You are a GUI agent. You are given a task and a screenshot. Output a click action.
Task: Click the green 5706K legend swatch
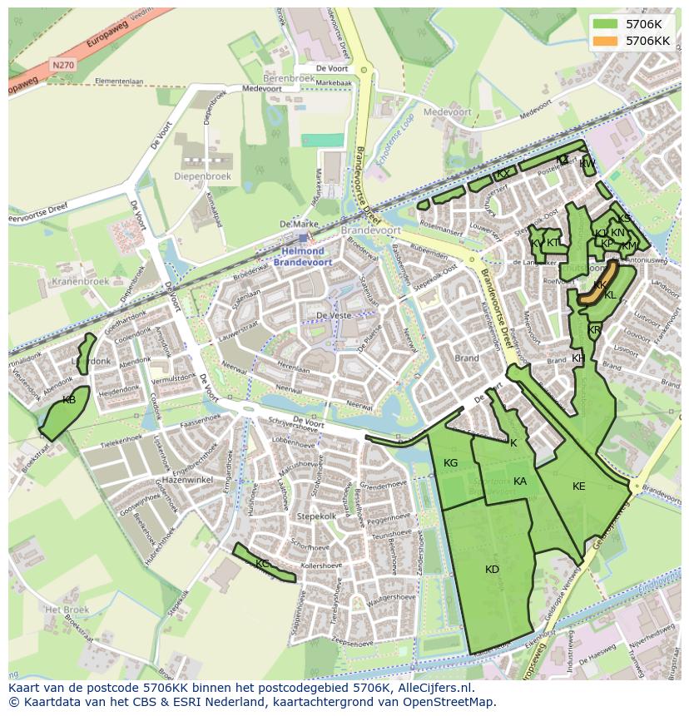pyautogui.click(x=605, y=24)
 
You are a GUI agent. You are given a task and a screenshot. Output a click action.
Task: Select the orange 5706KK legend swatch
pyautogui.click(x=605, y=41)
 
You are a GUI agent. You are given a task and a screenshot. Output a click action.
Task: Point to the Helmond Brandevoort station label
pyautogui.click(x=303, y=256)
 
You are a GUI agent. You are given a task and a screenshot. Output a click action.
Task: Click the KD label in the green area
pyautogui.click(x=492, y=570)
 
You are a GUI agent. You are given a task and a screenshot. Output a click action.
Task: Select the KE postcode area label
pyautogui.click(x=579, y=486)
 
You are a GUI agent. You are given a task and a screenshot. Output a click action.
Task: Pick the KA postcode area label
pyautogui.click(x=520, y=481)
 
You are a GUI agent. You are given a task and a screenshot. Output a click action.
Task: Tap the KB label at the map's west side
pyautogui.click(x=69, y=401)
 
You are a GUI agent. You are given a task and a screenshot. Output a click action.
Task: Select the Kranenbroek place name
pyautogui.click(x=80, y=282)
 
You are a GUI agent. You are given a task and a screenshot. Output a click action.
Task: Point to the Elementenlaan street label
pyautogui.click(x=119, y=81)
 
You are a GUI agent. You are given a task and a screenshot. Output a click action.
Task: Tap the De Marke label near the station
pyautogui.click(x=299, y=225)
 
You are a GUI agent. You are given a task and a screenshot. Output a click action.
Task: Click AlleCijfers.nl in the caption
pyautogui.click(x=433, y=688)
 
